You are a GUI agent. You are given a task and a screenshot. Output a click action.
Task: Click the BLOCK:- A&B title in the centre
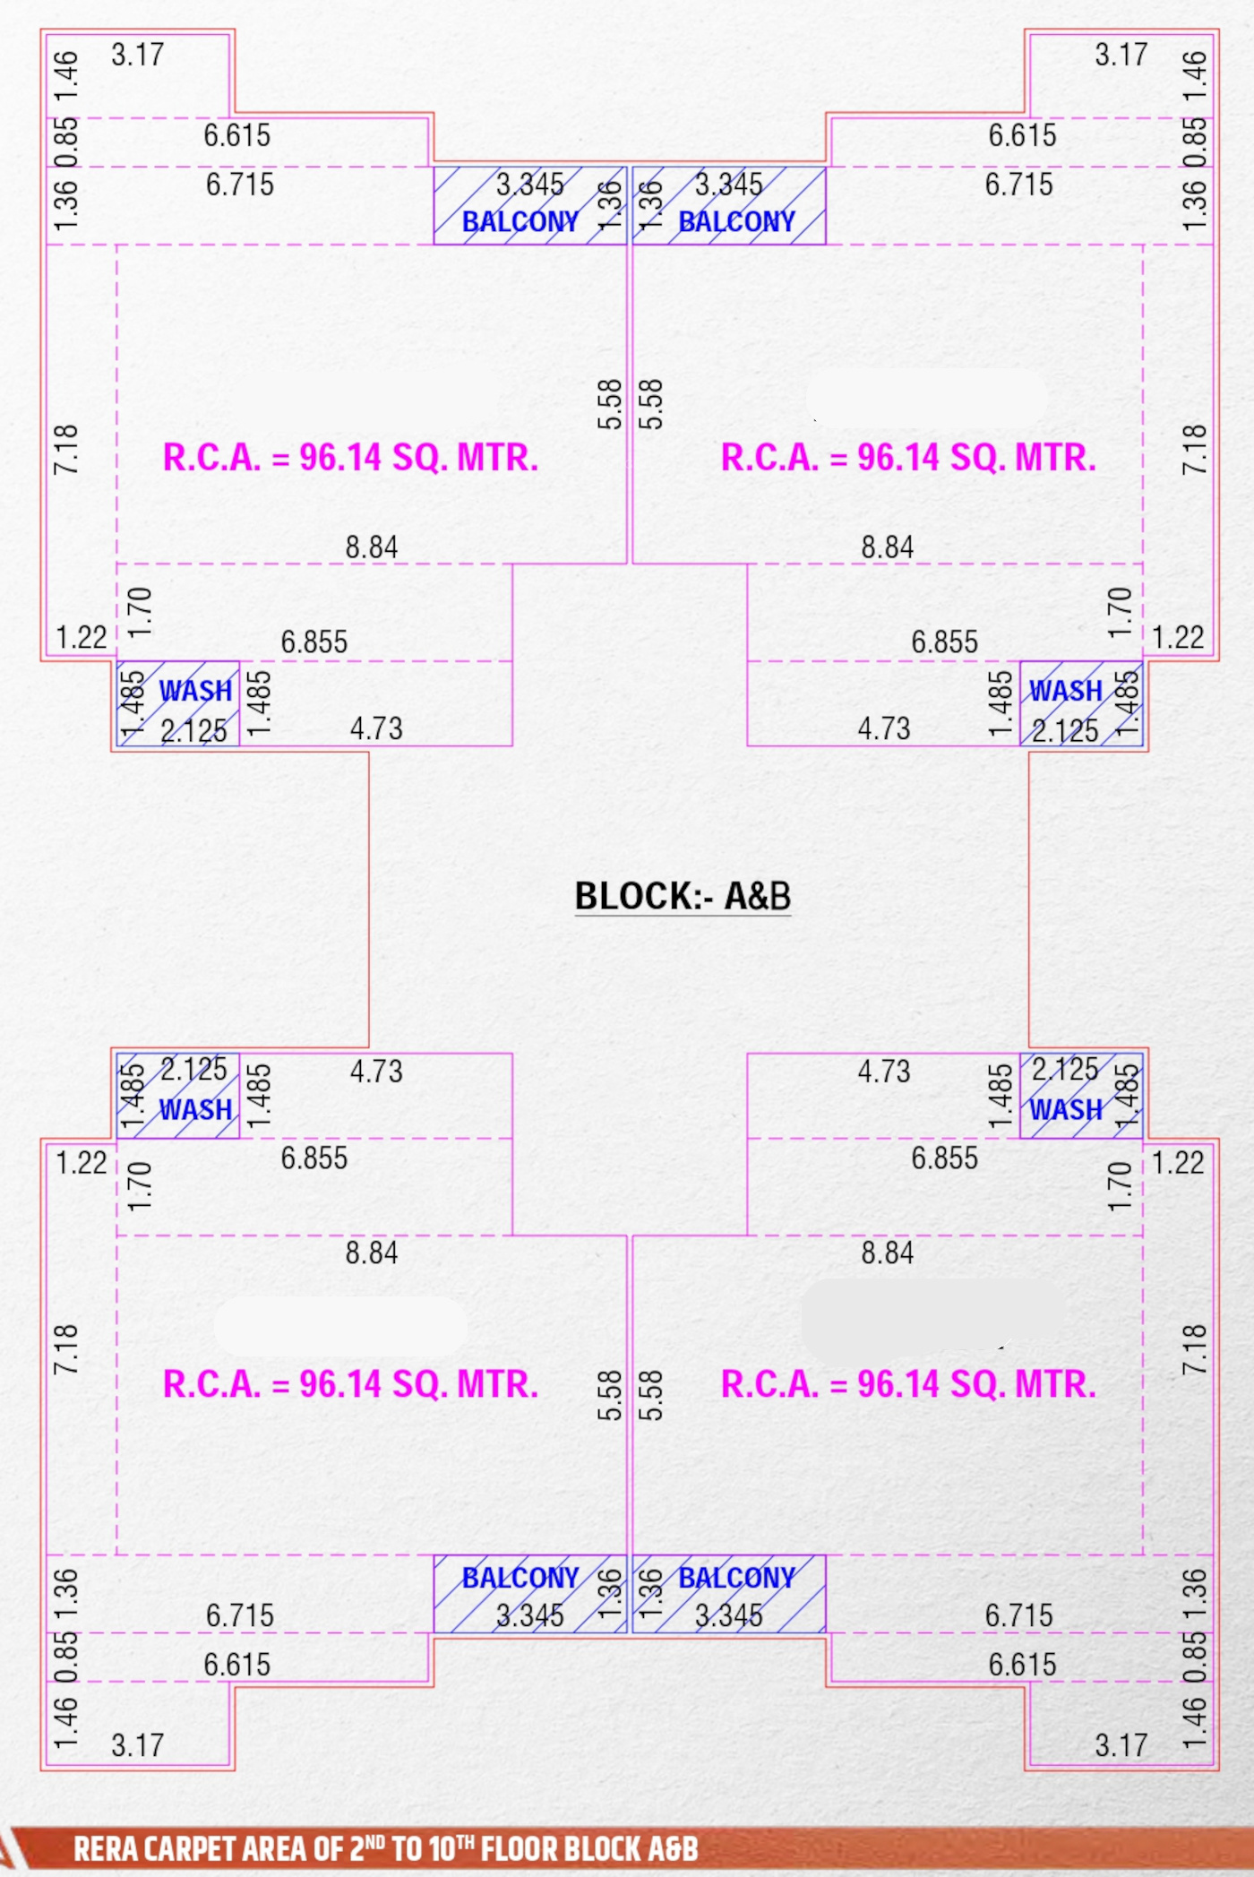(683, 896)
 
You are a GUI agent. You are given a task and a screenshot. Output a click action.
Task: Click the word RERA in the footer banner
(106, 1848)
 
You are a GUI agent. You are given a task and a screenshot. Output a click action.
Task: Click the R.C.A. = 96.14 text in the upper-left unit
(350, 458)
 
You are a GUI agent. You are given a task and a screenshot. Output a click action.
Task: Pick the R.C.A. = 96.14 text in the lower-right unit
(908, 1384)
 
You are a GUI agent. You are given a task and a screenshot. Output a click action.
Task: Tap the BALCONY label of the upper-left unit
(520, 221)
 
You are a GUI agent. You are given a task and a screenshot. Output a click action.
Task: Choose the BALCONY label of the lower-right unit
(736, 1577)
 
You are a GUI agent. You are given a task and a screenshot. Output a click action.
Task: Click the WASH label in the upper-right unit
(1066, 691)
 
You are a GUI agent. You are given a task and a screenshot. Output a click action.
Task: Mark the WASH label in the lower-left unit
(195, 1110)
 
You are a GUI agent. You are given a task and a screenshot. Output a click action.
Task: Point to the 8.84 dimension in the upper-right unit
(887, 547)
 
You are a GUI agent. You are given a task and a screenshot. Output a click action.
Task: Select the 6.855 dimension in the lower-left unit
(313, 1158)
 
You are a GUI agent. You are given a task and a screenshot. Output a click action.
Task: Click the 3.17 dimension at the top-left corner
(137, 55)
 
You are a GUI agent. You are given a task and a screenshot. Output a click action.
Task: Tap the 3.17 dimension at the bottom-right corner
(1121, 1745)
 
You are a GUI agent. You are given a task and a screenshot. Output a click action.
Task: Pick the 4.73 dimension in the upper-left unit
(376, 728)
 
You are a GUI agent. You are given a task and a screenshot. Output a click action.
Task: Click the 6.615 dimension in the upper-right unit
(1022, 135)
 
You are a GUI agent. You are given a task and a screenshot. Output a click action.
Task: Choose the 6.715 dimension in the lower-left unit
(240, 1615)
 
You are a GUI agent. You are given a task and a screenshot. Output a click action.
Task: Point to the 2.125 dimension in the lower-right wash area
(1064, 1069)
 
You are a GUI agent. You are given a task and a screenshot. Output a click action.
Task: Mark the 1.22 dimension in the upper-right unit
(1178, 638)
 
